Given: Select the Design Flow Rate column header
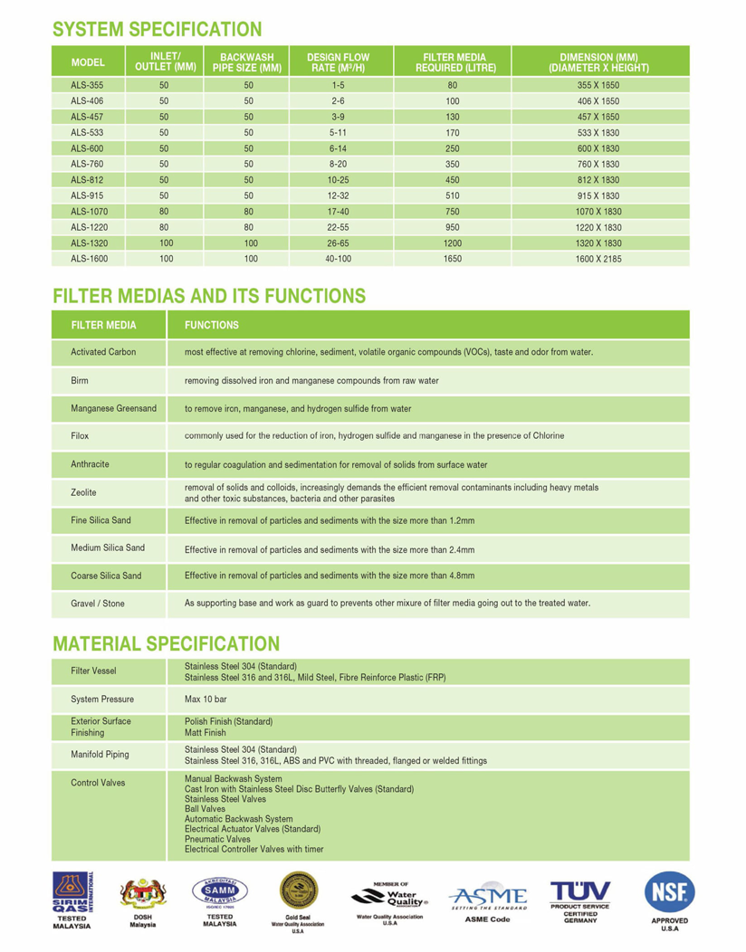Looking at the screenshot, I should coord(338,62).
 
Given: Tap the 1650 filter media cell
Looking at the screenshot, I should coord(453,259).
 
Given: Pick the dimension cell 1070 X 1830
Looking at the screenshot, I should coord(598,210).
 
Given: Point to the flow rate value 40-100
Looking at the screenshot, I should coord(338,259).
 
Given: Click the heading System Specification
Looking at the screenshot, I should coord(158,30).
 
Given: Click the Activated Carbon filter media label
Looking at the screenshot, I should coord(103,352).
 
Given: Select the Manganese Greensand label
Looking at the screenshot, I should coord(113,408).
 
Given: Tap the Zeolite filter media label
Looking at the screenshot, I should coord(83,492).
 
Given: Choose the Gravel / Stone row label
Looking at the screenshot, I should coord(98,604).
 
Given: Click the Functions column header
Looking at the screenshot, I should coord(212,325).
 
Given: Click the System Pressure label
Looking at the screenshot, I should coord(102,699).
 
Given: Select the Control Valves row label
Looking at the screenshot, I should coord(98,783).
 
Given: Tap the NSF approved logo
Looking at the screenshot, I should coord(670,894).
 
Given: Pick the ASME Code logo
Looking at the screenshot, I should coord(487,898).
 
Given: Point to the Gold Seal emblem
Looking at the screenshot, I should coord(298,892).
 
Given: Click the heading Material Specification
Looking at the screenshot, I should coord(167,643).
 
